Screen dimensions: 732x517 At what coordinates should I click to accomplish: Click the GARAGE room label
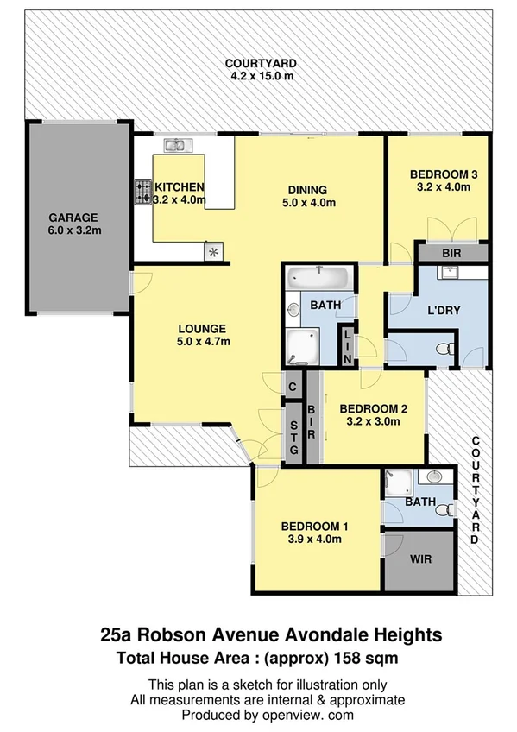coord(73,218)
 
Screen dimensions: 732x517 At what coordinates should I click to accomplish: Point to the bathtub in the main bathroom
coord(318,278)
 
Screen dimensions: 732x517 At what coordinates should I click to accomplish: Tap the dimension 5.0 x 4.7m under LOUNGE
coord(203,341)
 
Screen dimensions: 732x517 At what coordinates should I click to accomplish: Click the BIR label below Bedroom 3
coord(451,254)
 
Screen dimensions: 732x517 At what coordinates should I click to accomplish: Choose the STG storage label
coord(293,437)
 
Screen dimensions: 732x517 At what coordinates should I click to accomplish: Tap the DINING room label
coord(307,190)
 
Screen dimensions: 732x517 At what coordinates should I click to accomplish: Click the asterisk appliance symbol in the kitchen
coord(212,251)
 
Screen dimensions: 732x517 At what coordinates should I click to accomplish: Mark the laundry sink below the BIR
coord(451,273)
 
